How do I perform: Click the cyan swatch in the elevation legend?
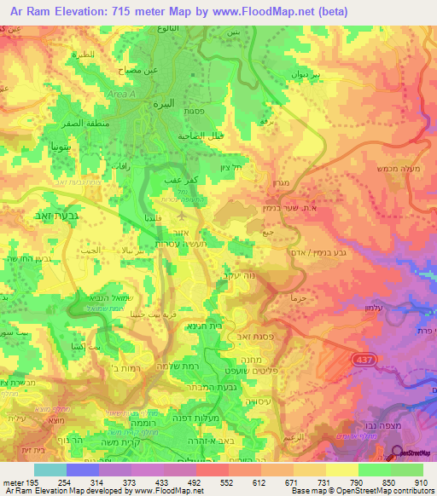50,470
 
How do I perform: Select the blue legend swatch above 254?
83,470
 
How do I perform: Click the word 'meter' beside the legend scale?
13,482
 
